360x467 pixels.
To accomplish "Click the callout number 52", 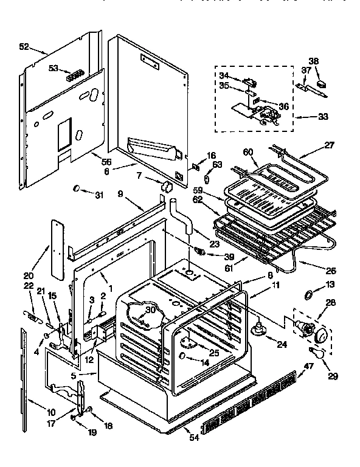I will tap(24, 47).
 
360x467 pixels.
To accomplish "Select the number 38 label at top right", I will tap(313, 60).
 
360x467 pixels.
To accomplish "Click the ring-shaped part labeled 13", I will tap(310, 295).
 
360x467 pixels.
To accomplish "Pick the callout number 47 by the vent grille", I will tap(308, 366).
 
